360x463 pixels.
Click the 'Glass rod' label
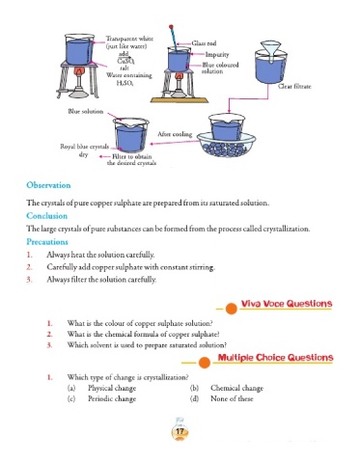click(x=204, y=43)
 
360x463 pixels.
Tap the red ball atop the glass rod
click(x=171, y=27)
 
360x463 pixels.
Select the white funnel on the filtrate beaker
click(x=270, y=51)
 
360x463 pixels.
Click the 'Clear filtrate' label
click(x=294, y=86)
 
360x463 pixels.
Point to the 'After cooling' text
click(x=175, y=134)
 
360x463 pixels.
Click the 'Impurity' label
click(x=217, y=54)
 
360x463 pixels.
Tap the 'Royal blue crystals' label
click(x=84, y=147)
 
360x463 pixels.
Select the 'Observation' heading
click(x=48, y=185)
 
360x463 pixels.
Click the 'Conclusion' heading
click(x=47, y=216)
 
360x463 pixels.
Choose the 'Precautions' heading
click(x=47, y=242)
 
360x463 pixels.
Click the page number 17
click(x=180, y=431)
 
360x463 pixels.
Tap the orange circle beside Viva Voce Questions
click(x=231, y=309)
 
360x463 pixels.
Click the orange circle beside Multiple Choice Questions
click(x=205, y=363)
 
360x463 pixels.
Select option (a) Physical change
click(x=102, y=388)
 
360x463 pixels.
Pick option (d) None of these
click(x=222, y=398)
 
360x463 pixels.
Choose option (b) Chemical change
click(x=227, y=388)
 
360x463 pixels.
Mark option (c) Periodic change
click(x=102, y=398)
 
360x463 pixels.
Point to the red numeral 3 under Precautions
click(x=30, y=280)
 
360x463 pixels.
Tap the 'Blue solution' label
click(x=86, y=111)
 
